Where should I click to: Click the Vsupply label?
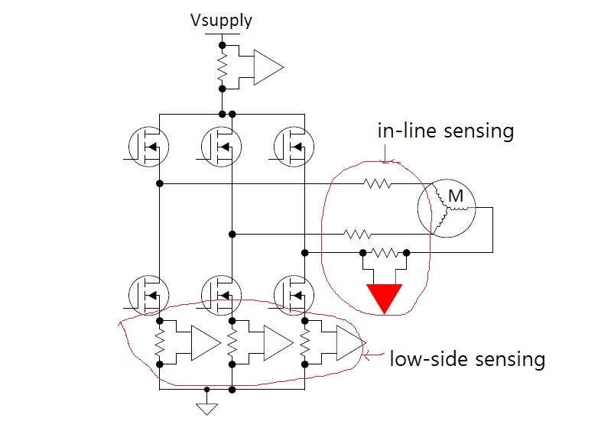[221, 21]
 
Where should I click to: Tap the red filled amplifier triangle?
[385, 297]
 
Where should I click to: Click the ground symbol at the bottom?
[206, 409]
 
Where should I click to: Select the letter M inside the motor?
[456, 196]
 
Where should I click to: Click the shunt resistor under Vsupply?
[223, 67]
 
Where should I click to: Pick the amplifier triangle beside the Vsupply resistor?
[268, 67]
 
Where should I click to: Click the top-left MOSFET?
[149, 147]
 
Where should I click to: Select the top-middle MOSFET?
[221, 147]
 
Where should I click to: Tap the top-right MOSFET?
[294, 147]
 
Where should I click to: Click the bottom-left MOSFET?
[149, 295]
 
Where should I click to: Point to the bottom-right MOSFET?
[294, 295]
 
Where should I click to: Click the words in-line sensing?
[446, 131]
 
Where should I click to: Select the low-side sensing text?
[467, 359]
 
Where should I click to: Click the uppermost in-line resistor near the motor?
[377, 183]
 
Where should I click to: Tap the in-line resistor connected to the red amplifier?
[385, 252]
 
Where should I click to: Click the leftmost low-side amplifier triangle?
[206, 342]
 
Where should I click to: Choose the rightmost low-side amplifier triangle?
[350, 342]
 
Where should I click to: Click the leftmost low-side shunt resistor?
[160, 343]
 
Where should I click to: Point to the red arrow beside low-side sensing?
[374, 356]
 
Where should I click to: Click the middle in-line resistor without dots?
[357, 234]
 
